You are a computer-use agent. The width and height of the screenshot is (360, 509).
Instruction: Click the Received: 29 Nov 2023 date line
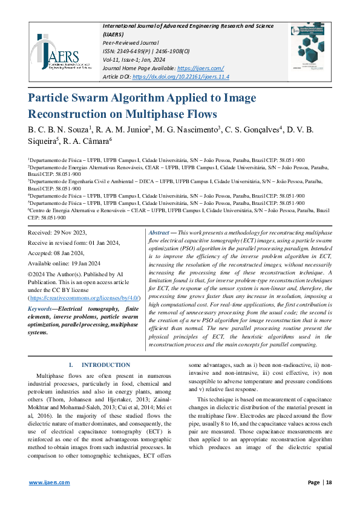[58, 233]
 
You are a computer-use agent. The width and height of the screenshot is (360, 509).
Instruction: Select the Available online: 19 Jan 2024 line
[64, 264]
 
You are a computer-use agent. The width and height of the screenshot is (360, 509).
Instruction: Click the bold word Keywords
[40, 309]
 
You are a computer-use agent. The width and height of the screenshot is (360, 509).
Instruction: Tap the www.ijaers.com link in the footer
[50, 482]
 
